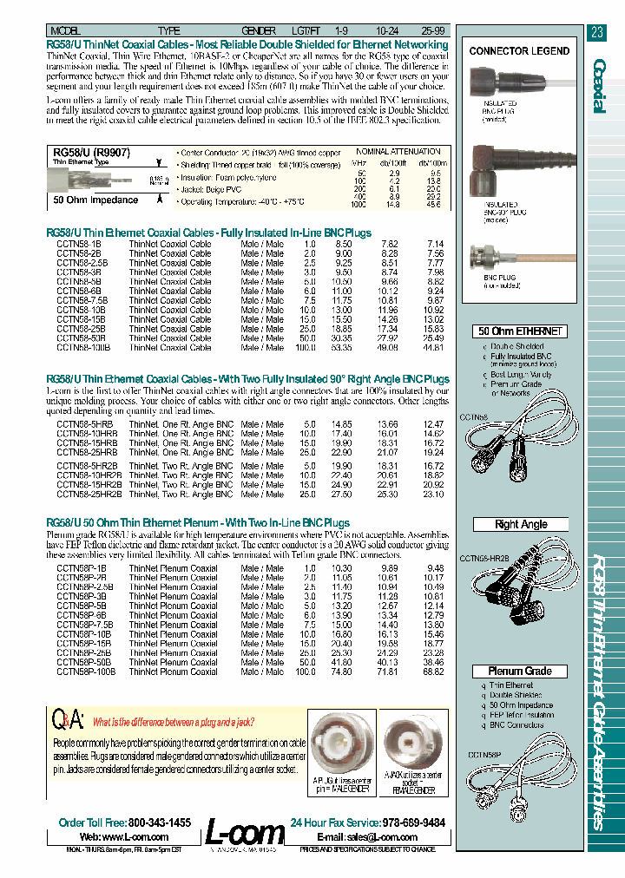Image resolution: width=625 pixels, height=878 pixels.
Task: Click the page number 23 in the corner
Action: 596,33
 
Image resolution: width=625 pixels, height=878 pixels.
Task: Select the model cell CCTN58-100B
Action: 83,348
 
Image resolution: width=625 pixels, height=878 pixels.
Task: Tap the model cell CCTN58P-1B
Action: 81,568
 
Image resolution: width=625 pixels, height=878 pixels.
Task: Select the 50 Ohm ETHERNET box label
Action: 519,331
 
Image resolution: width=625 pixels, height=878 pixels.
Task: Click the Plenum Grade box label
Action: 519,671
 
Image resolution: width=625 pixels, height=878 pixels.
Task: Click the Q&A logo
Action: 69,721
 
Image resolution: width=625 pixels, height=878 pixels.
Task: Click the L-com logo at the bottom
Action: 244,835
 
